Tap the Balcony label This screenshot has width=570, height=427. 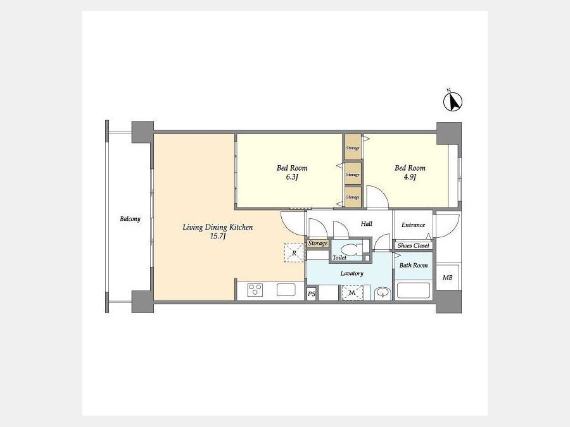point(130,219)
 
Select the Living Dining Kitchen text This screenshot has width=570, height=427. point(217,227)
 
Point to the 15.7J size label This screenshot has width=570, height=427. point(218,237)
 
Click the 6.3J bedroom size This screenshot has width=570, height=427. point(292,177)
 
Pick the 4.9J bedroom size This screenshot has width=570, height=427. point(410,177)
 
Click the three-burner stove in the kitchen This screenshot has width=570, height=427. point(255,290)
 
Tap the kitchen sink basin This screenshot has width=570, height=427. point(286,290)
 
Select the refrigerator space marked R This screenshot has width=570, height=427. point(294,252)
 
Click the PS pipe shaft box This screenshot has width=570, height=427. point(312,294)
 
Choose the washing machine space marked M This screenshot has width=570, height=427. point(352,293)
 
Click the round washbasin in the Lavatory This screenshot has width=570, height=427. point(383,293)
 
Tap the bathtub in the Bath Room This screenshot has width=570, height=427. point(414,290)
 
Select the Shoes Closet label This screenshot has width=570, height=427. point(414,246)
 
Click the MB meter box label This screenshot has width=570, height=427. point(448,278)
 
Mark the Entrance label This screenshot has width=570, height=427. point(414,225)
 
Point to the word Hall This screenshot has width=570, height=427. point(367,224)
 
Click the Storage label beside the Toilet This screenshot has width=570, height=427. point(318,244)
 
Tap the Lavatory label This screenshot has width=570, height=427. point(352,273)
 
